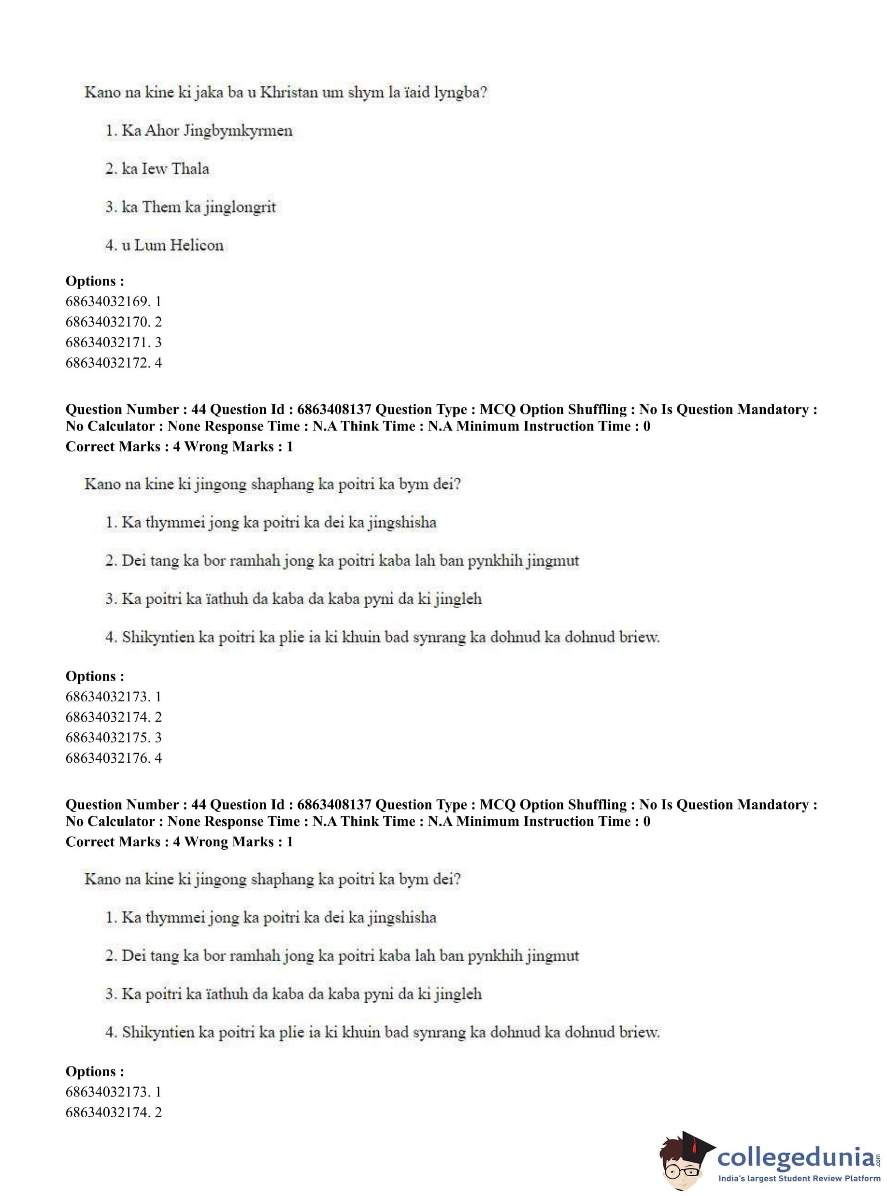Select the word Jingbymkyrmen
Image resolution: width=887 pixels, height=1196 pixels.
click(x=238, y=131)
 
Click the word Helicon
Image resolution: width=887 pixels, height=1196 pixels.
click(x=198, y=245)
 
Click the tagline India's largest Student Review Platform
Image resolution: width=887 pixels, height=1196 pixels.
click(x=800, y=1179)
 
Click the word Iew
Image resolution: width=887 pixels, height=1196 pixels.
click(x=154, y=169)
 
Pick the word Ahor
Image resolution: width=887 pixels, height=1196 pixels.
click(x=162, y=131)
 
